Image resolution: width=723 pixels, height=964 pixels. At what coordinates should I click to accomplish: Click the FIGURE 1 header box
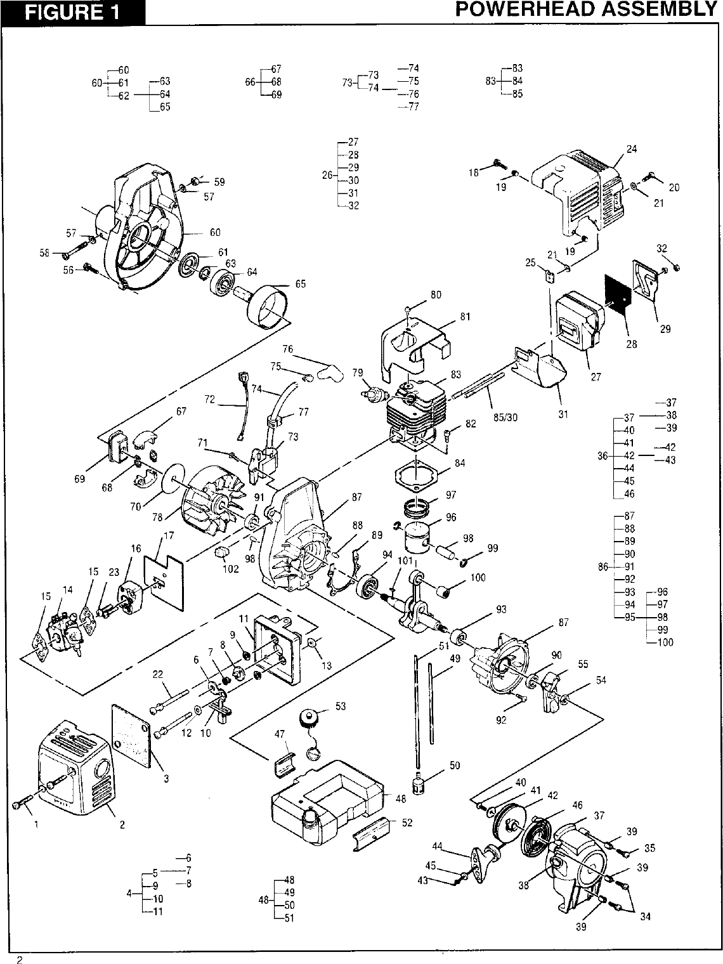pyautogui.click(x=72, y=12)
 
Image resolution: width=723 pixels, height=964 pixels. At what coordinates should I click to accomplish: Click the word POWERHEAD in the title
pyautogui.click(x=538, y=9)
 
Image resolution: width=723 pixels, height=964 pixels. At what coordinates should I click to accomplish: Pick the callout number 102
pyautogui.click(x=230, y=569)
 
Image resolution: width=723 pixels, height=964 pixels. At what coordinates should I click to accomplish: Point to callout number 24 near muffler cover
pyautogui.click(x=632, y=150)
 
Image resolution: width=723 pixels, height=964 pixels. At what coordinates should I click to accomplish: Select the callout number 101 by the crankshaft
pyautogui.click(x=405, y=561)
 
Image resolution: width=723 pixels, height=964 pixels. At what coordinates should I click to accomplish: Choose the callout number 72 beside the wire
pyautogui.click(x=210, y=400)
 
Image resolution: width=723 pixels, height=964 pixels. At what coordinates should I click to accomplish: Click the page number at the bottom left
pyautogui.click(x=20, y=960)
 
